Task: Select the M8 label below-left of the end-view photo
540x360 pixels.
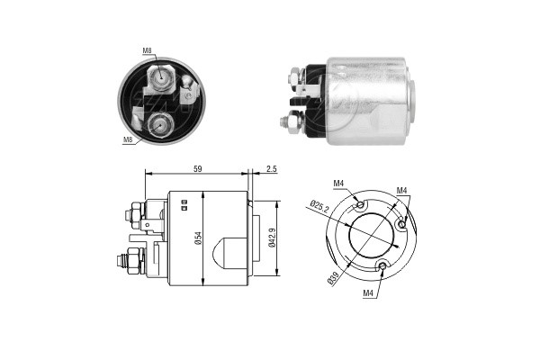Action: tap(128, 139)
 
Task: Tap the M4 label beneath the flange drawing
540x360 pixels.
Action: tap(368, 292)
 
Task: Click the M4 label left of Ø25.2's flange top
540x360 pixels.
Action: tap(338, 184)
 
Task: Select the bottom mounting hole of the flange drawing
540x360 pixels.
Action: tap(383, 265)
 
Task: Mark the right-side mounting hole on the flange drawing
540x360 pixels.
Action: tap(400, 220)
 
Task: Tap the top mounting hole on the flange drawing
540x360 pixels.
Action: tap(361, 206)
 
